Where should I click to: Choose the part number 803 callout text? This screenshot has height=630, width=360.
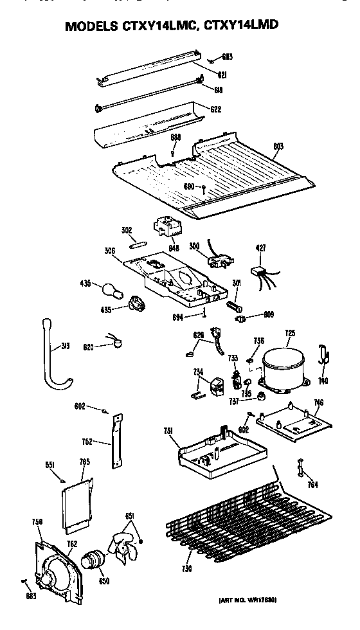click(277, 147)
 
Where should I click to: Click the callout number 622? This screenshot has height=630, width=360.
click(215, 109)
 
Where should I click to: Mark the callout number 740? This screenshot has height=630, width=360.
click(323, 381)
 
